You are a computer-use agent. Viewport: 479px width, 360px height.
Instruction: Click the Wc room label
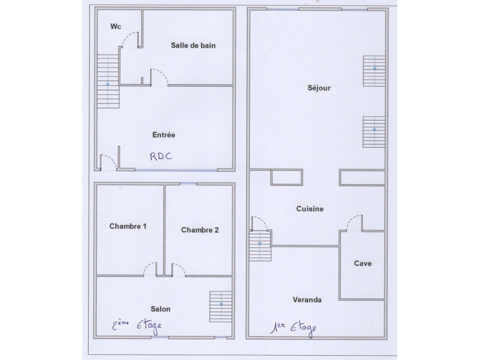pyautogui.click(x=116, y=27)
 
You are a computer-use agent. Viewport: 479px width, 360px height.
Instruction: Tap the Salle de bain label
pyautogui.click(x=193, y=46)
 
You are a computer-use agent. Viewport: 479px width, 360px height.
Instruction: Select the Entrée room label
pyautogui.click(x=164, y=135)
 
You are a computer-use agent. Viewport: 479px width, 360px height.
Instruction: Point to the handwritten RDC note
pyautogui.click(x=161, y=156)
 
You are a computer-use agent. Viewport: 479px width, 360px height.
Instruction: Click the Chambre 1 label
pyautogui.click(x=127, y=226)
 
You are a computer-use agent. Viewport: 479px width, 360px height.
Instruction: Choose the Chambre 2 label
pyautogui.click(x=200, y=230)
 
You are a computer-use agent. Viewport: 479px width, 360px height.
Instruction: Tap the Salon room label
pyautogui.click(x=160, y=309)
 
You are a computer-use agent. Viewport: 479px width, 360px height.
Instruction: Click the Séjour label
pyautogui.click(x=319, y=88)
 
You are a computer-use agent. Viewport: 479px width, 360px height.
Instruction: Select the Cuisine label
pyautogui.click(x=310, y=209)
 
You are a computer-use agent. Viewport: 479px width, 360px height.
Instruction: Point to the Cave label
pyautogui.click(x=363, y=263)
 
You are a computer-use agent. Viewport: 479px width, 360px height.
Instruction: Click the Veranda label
pyautogui.click(x=307, y=300)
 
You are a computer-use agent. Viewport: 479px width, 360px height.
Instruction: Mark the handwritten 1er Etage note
pyautogui.click(x=293, y=328)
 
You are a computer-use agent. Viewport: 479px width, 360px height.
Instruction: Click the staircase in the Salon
pyautogui.click(x=220, y=306)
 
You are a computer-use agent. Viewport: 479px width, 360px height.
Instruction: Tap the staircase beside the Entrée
pyautogui.click(x=108, y=81)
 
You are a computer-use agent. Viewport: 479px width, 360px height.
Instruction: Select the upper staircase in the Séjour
pyautogui.click(x=374, y=71)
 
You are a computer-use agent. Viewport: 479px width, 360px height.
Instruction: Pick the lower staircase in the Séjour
pyautogui.click(x=374, y=132)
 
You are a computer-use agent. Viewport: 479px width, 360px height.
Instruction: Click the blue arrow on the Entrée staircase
pyautogui.click(x=108, y=95)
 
